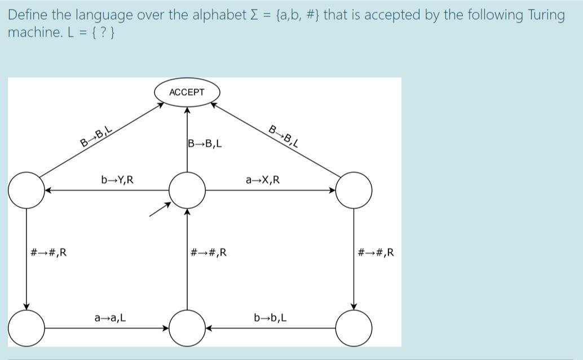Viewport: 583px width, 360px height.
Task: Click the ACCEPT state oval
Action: pyautogui.click(x=187, y=92)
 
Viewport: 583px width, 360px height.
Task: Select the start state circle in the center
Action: pyautogui.click(x=187, y=190)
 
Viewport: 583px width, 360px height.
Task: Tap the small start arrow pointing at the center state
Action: pyautogui.click(x=159, y=210)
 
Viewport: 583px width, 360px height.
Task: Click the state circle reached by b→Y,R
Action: pyautogui.click(x=26, y=190)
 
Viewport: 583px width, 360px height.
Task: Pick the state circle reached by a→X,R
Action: pyautogui.click(x=354, y=190)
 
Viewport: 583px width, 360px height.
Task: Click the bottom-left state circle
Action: pyautogui.click(x=26, y=327)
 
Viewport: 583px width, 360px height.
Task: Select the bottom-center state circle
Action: pyautogui.click(x=187, y=327)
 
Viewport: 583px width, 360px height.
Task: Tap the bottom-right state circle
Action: pyautogui.click(x=354, y=327)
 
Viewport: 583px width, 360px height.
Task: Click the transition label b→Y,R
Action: pyautogui.click(x=117, y=180)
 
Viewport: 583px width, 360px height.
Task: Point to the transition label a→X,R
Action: pyautogui.click(x=262, y=180)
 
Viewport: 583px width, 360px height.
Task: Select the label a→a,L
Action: pyautogui.click(x=110, y=318)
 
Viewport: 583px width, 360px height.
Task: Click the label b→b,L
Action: pyautogui.click(x=271, y=318)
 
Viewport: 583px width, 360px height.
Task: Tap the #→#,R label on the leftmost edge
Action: pyautogui.click(x=48, y=252)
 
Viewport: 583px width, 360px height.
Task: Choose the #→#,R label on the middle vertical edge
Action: pyautogui.click(x=209, y=252)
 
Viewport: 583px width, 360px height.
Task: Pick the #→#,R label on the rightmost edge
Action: pyautogui.click(x=376, y=252)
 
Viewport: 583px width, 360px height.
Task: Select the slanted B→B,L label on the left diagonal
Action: pyautogui.click(x=96, y=137)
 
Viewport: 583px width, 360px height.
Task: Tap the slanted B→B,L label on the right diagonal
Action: pyautogui.click(x=282, y=136)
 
